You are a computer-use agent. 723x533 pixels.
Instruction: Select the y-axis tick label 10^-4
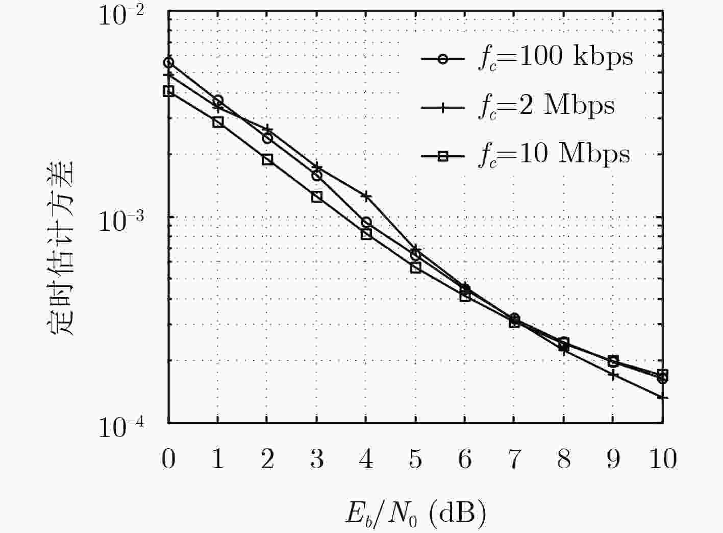pyautogui.click(x=121, y=427)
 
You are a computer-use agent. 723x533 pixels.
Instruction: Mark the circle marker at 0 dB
pyautogui.click(x=168, y=63)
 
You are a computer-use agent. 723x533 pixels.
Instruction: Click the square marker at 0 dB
pyautogui.click(x=168, y=91)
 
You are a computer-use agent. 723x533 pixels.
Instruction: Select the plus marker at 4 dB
pyautogui.click(x=366, y=196)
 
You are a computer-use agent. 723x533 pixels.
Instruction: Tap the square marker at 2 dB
pyautogui.click(x=267, y=159)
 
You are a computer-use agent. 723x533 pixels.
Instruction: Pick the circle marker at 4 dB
pyautogui.click(x=366, y=222)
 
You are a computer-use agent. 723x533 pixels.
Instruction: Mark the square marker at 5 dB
pyautogui.click(x=416, y=267)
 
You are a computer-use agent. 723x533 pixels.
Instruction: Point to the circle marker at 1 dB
pyautogui.click(x=218, y=101)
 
